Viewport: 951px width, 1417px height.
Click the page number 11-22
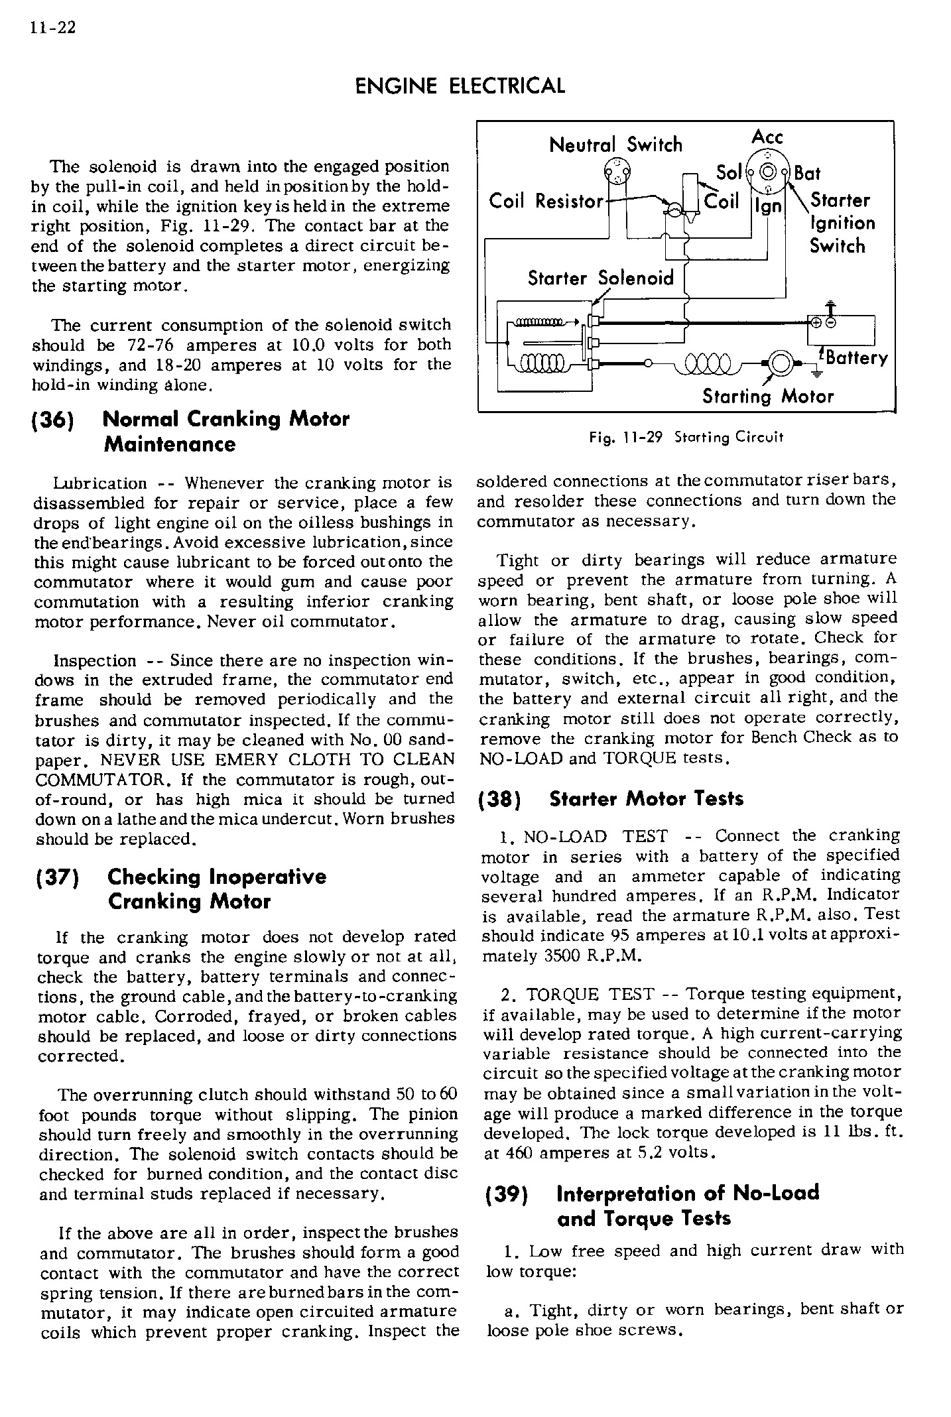(52, 28)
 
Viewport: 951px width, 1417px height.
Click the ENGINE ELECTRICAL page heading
(460, 86)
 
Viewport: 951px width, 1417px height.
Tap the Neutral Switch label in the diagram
(615, 145)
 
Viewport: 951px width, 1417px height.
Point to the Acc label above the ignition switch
(767, 137)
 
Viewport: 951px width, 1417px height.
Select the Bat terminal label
(807, 174)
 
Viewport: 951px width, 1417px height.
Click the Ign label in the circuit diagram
(769, 206)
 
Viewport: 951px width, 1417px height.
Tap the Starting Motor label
(767, 397)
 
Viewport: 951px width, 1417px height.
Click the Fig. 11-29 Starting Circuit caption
(686, 438)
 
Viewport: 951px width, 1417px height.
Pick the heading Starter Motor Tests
(646, 799)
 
